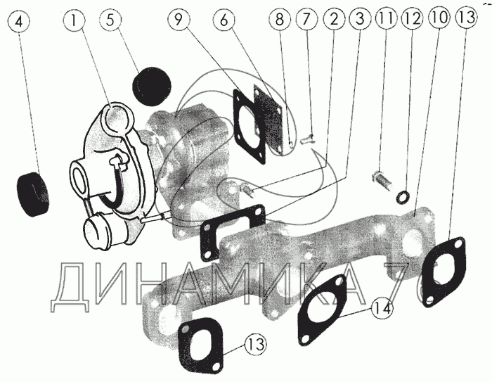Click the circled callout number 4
click(19, 21)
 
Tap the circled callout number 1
click(74, 20)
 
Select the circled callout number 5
click(110, 20)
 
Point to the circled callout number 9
click(179, 20)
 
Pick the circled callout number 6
click(224, 20)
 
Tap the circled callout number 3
click(360, 19)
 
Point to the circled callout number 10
click(439, 18)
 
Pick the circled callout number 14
click(381, 308)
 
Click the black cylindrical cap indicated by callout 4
click(32, 194)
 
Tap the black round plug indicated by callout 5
click(152, 86)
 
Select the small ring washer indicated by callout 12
click(404, 197)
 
